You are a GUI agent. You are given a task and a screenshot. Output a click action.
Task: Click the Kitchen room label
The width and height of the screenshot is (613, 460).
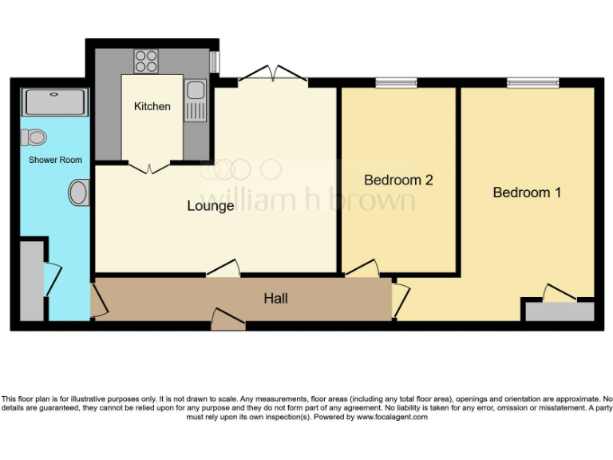[x=152, y=106]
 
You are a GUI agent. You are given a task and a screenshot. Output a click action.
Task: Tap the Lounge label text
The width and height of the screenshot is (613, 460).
[x=211, y=206]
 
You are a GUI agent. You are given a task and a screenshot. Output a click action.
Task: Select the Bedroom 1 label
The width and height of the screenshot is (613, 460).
[x=527, y=192]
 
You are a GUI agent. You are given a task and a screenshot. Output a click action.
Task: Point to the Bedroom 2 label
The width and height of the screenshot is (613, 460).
[x=398, y=180]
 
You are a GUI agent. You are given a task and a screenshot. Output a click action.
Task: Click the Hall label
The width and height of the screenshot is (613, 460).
[x=275, y=299]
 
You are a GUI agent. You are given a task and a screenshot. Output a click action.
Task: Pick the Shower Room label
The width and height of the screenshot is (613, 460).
[x=55, y=160]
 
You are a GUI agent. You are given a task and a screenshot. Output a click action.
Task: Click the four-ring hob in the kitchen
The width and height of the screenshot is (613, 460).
[x=146, y=61]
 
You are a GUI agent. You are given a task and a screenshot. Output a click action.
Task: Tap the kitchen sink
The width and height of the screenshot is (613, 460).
[x=195, y=102]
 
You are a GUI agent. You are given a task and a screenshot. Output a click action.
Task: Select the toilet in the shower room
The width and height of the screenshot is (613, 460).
[x=34, y=137]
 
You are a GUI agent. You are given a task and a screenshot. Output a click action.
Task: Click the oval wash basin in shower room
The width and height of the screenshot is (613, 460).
[x=78, y=192]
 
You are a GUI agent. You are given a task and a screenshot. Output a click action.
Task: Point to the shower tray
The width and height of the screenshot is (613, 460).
[x=55, y=102]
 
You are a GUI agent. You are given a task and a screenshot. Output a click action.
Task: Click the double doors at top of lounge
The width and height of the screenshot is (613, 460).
[x=273, y=74]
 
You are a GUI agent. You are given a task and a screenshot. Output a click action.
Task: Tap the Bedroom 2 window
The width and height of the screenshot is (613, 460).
[x=397, y=81]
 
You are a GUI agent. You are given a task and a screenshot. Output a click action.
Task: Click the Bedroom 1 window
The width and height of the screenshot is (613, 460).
[x=532, y=81]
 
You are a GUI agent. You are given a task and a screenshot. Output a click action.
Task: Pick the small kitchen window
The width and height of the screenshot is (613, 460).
[x=213, y=61]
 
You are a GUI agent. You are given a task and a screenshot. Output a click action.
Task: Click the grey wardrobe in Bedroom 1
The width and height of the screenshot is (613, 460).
[x=559, y=311]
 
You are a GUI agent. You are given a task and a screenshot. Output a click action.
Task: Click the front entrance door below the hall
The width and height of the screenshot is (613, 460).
[x=228, y=321]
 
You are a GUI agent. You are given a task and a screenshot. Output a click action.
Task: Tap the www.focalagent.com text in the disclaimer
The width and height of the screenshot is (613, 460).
[x=392, y=417]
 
